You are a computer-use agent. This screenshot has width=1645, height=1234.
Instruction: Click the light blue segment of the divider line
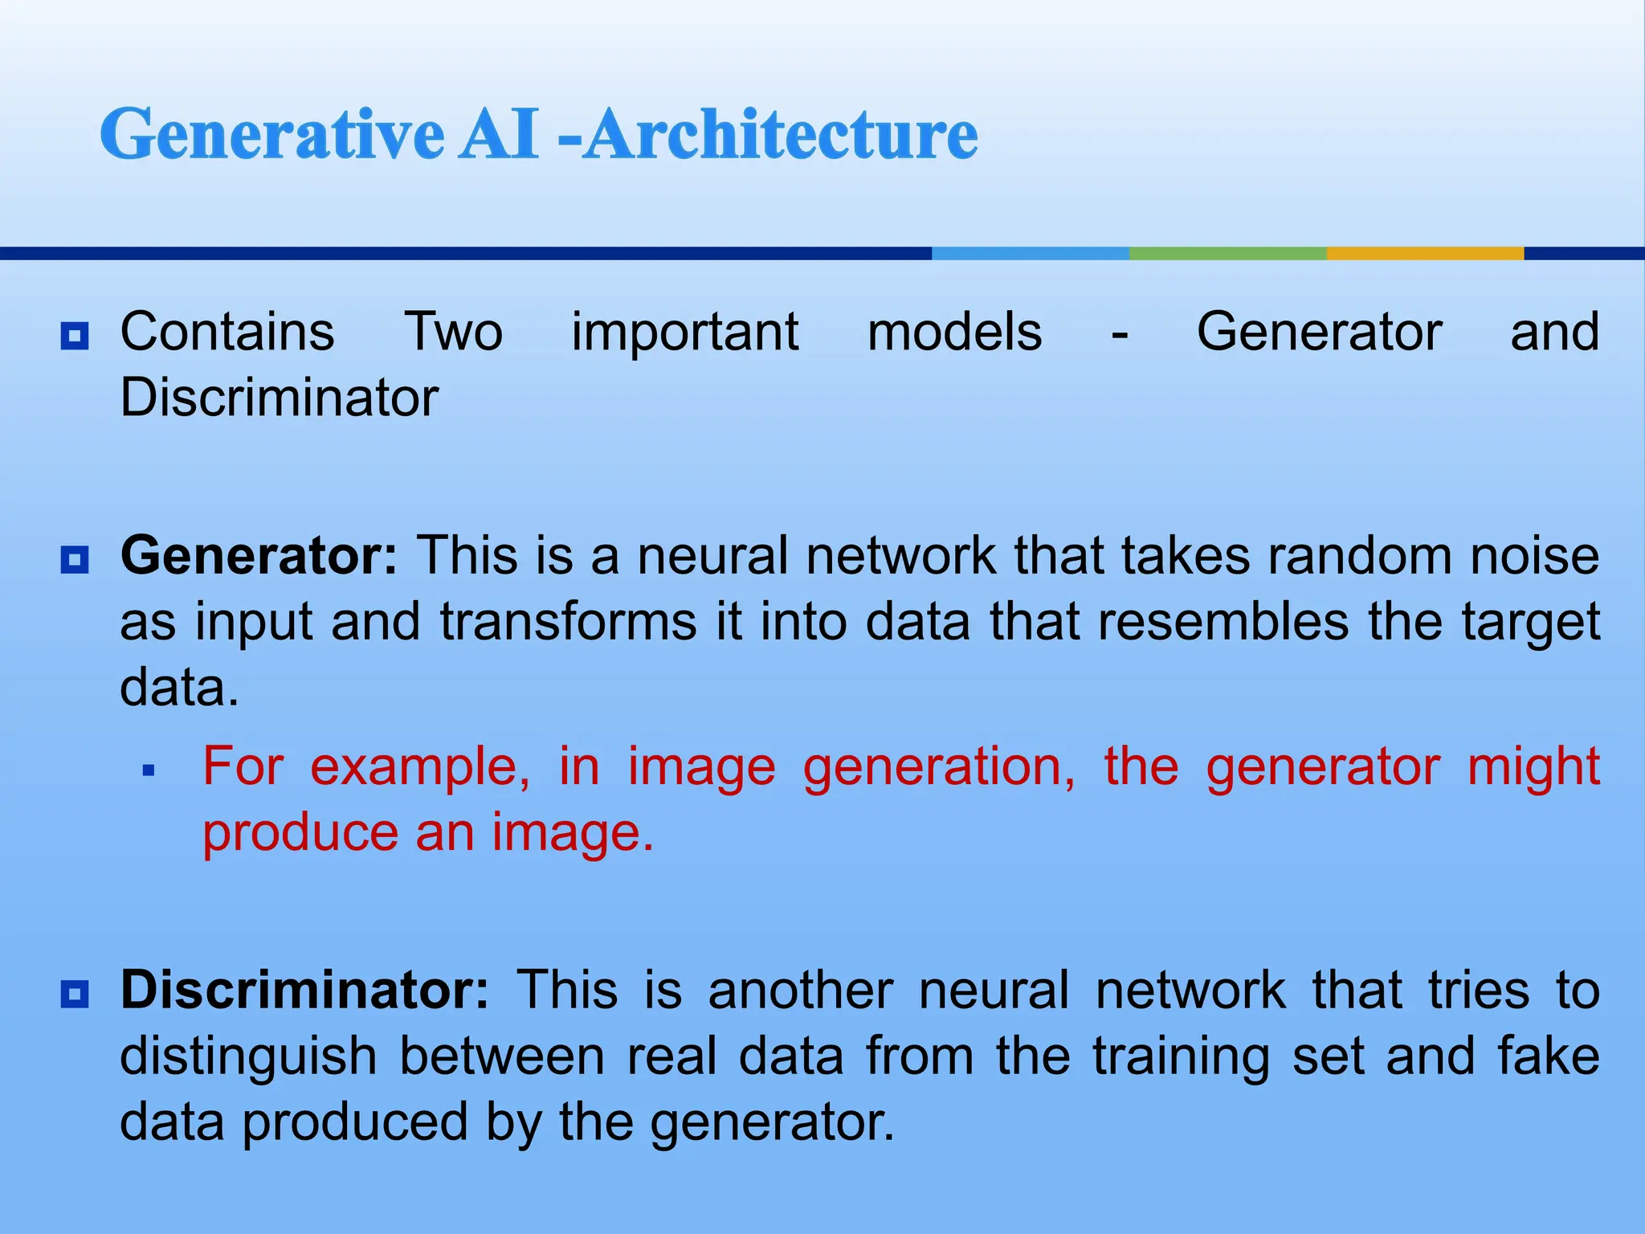point(1030,253)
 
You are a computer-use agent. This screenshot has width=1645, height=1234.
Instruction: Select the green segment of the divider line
point(1227,253)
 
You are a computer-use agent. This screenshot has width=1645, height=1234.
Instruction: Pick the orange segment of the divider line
point(1425,253)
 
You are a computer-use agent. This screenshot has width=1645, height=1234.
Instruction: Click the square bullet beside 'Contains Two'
point(75,336)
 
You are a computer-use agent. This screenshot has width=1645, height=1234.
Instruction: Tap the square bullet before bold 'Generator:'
point(75,559)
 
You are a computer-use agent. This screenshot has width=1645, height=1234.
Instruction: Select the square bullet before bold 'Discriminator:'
point(75,995)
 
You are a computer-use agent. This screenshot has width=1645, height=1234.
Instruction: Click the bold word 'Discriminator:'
point(304,990)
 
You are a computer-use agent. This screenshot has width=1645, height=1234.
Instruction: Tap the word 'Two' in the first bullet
point(453,332)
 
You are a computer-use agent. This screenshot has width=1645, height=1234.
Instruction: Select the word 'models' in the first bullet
point(954,332)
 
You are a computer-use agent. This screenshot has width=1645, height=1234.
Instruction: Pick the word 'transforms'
point(569,622)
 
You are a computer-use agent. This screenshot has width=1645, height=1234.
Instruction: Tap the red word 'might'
point(1533,766)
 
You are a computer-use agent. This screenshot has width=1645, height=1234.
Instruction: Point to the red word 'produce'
point(300,833)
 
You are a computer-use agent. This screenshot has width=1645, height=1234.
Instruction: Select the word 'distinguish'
point(248,1056)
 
